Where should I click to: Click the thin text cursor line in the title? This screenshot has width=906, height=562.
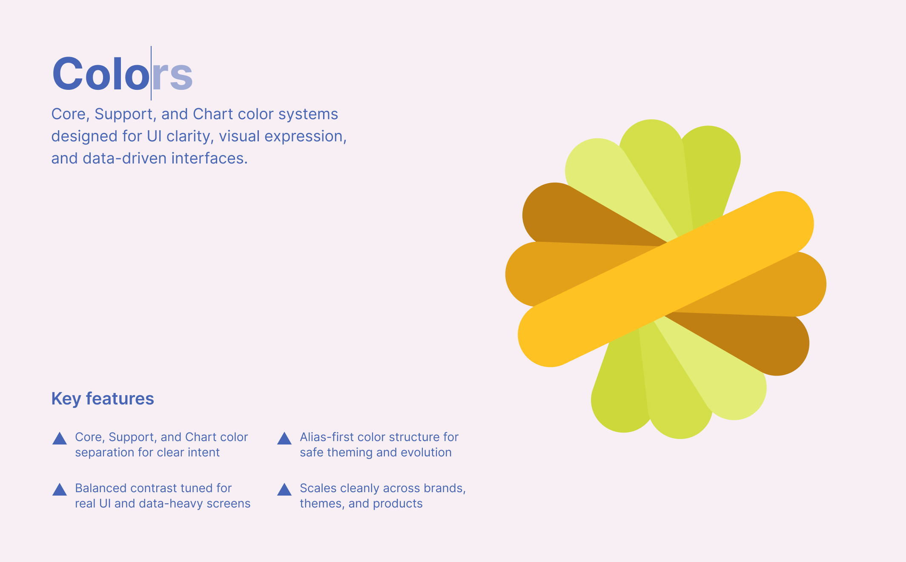pos(151,73)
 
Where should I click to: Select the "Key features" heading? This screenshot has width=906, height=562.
pos(103,399)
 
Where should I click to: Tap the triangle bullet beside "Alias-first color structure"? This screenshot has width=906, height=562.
pos(284,439)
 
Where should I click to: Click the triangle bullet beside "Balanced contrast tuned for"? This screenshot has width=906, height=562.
pos(60,490)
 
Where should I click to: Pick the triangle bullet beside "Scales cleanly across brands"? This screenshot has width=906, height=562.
pos(284,490)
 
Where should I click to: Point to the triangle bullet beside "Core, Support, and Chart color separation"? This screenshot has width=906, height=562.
pos(60,439)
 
